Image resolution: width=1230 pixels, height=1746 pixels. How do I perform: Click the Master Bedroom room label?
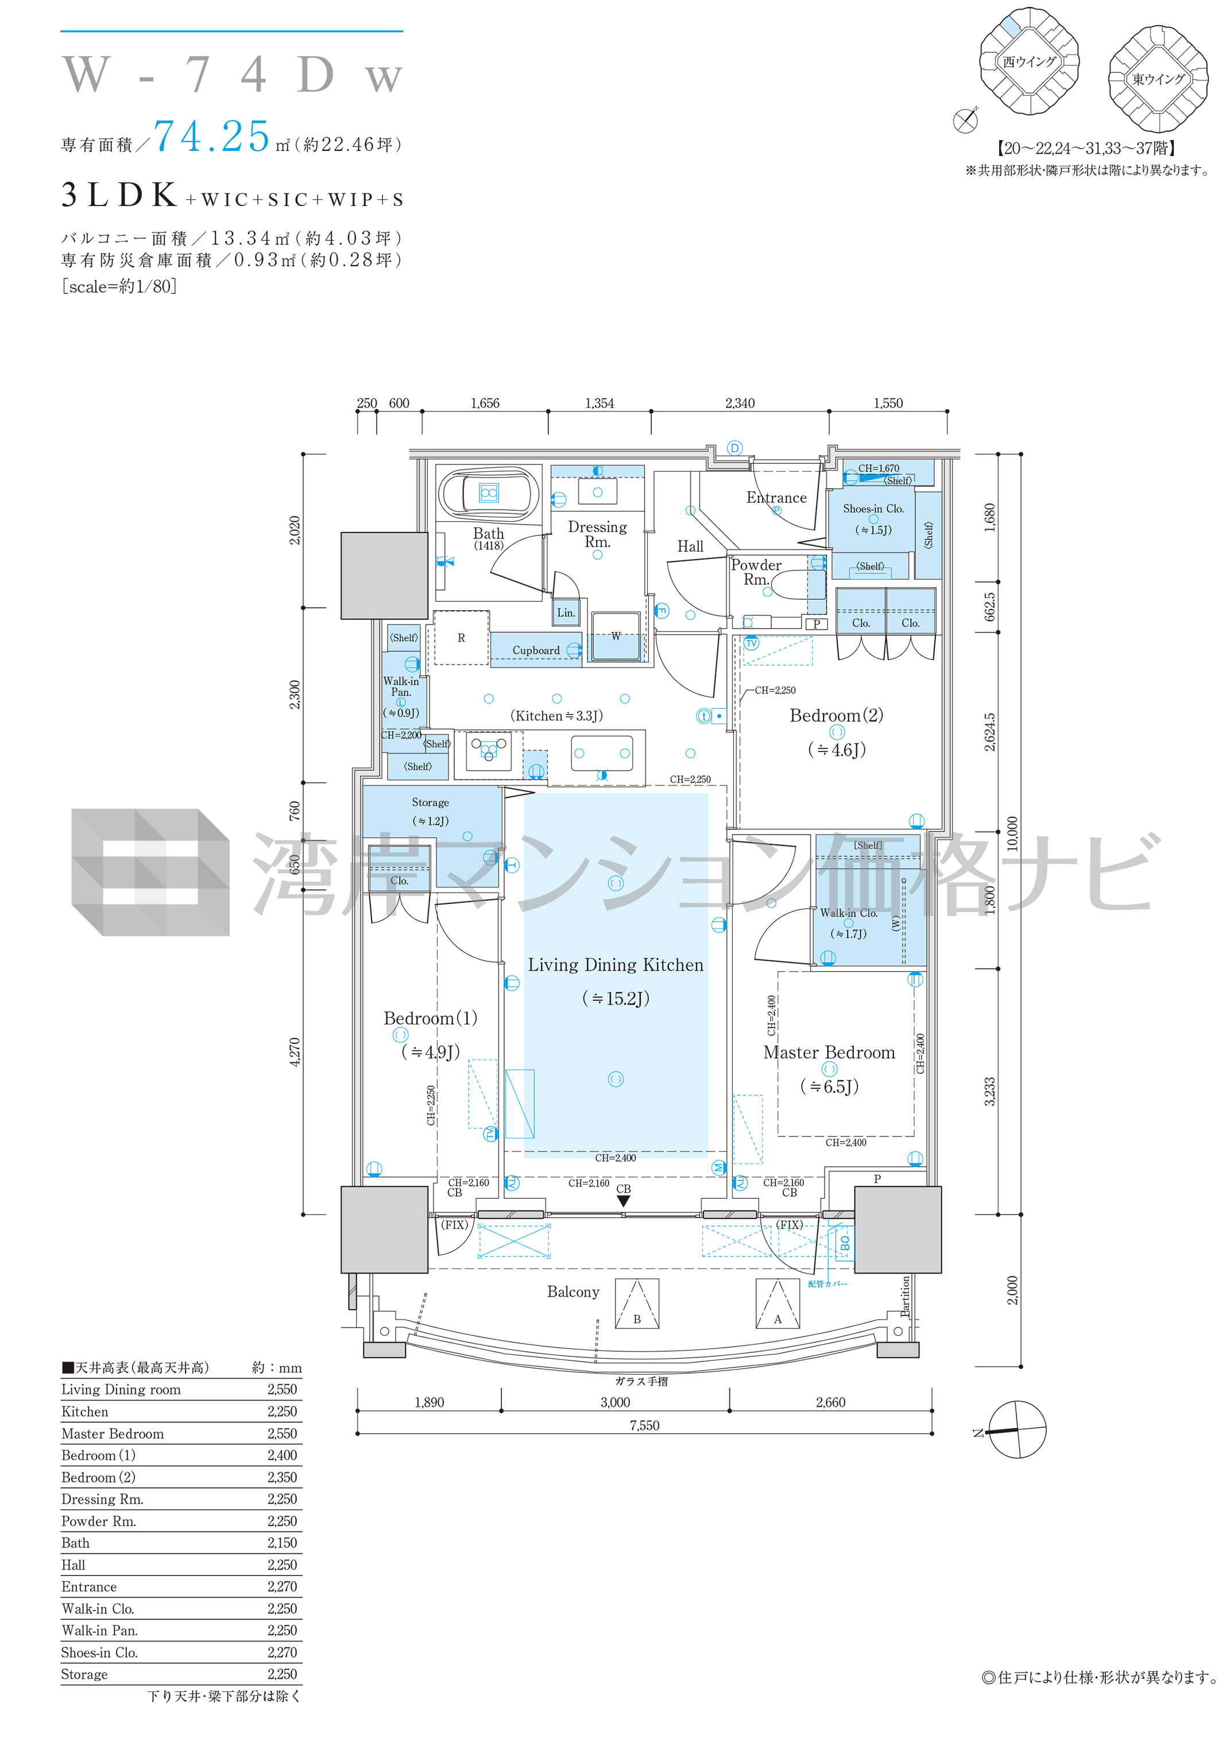[829, 1053]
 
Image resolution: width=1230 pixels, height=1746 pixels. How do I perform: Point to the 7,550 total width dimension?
[644, 1425]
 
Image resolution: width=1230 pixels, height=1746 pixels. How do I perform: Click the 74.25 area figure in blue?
[212, 137]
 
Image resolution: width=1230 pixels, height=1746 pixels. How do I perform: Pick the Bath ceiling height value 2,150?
[281, 1542]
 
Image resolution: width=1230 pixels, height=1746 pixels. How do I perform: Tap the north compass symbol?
[1016, 1430]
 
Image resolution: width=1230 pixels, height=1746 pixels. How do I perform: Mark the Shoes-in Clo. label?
[873, 509]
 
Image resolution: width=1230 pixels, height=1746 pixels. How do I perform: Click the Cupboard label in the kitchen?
[536, 650]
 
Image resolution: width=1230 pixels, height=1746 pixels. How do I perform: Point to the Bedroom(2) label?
[836, 716]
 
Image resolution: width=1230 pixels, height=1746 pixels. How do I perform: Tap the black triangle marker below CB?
[623, 1201]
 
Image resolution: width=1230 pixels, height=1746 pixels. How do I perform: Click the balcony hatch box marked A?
[778, 1303]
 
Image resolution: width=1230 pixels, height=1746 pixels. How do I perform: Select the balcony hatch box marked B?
[637, 1303]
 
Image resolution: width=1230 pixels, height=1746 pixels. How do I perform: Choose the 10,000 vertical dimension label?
[1012, 833]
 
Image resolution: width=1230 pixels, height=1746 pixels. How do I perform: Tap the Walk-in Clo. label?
[848, 913]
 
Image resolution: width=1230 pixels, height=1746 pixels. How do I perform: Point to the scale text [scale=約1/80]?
[119, 286]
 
